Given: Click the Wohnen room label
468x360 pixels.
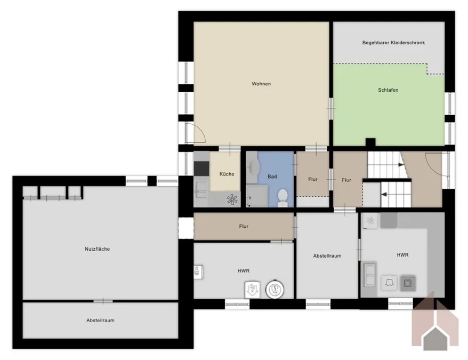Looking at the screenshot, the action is [x=261, y=84].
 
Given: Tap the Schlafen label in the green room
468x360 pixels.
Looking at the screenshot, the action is [x=388, y=90].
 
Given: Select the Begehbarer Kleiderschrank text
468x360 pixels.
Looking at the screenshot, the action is [x=393, y=43].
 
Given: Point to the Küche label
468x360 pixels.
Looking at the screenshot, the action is [x=227, y=174].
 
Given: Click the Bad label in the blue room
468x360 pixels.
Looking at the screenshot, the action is [x=272, y=177].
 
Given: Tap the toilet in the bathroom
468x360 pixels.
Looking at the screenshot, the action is [x=283, y=197].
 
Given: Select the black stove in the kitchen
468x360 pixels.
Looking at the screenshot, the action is [x=201, y=169].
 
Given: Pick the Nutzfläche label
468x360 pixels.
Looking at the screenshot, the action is [x=98, y=249].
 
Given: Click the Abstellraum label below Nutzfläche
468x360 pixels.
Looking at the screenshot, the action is [x=100, y=320].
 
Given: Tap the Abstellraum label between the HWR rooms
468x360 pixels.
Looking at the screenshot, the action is [x=327, y=256].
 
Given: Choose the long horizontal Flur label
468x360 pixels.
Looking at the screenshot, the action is [x=244, y=227].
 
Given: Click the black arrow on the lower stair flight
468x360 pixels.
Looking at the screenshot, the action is [x=384, y=195].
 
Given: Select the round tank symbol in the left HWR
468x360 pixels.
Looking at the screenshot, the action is [x=275, y=289].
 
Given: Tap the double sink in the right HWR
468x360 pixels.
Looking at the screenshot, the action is [x=369, y=274].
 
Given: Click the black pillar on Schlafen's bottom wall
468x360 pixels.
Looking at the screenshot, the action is [x=370, y=142].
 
